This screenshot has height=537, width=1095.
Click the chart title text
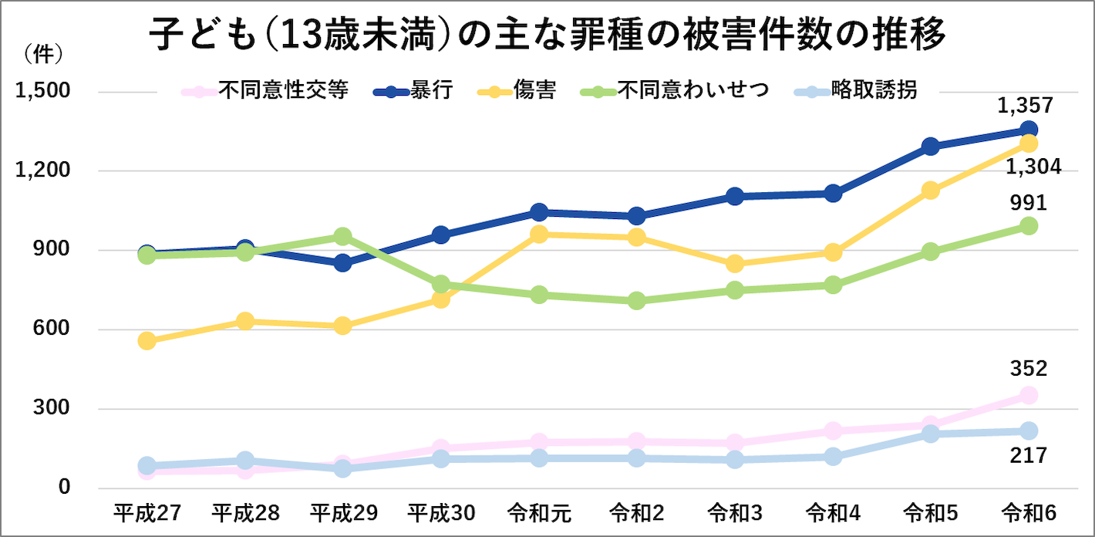click(x=547, y=35)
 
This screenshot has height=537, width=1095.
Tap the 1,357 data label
click(x=1025, y=105)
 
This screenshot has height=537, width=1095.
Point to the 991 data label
click(x=1028, y=203)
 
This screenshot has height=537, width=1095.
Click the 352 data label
click(x=1028, y=369)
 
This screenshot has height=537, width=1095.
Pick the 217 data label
click(x=1028, y=455)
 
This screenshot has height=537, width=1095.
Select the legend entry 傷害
click(x=535, y=91)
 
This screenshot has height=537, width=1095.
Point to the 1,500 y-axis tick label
click(x=43, y=91)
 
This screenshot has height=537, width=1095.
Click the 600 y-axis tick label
click(x=54, y=329)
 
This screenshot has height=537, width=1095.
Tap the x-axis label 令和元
click(x=539, y=513)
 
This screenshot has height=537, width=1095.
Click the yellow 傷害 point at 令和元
click(x=539, y=234)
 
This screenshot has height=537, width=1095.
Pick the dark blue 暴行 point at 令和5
click(x=930, y=147)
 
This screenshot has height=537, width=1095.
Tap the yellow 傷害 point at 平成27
click(x=147, y=340)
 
